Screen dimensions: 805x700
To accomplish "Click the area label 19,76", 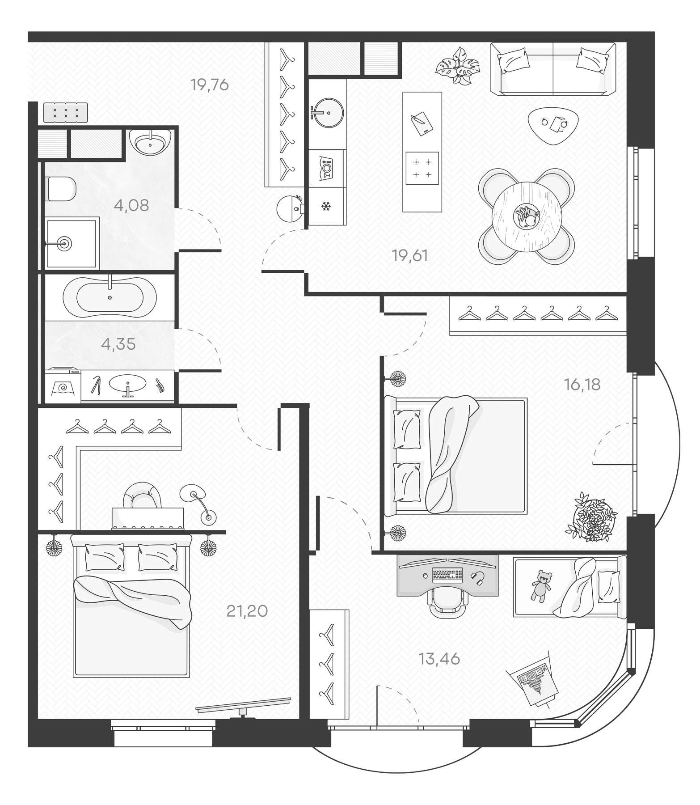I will (x=209, y=84).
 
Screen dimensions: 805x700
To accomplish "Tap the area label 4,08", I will (x=131, y=205).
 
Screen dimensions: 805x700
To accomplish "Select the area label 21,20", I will (x=247, y=610).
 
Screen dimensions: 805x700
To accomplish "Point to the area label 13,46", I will (x=439, y=659).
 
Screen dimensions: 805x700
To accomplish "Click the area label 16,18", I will (x=582, y=384).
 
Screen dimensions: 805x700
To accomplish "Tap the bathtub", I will (x=110, y=297).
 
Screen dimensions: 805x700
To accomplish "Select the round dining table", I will (x=527, y=216).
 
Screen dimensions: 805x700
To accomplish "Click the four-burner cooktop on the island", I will (x=422, y=168).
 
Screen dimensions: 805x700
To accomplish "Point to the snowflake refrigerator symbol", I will (x=326, y=207).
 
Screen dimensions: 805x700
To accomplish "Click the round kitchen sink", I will (x=328, y=113).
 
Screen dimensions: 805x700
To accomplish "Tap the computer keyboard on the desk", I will (x=447, y=574).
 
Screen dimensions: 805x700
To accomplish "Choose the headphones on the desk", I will (x=479, y=578).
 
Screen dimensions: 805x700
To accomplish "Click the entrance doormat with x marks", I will (x=66, y=112).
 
